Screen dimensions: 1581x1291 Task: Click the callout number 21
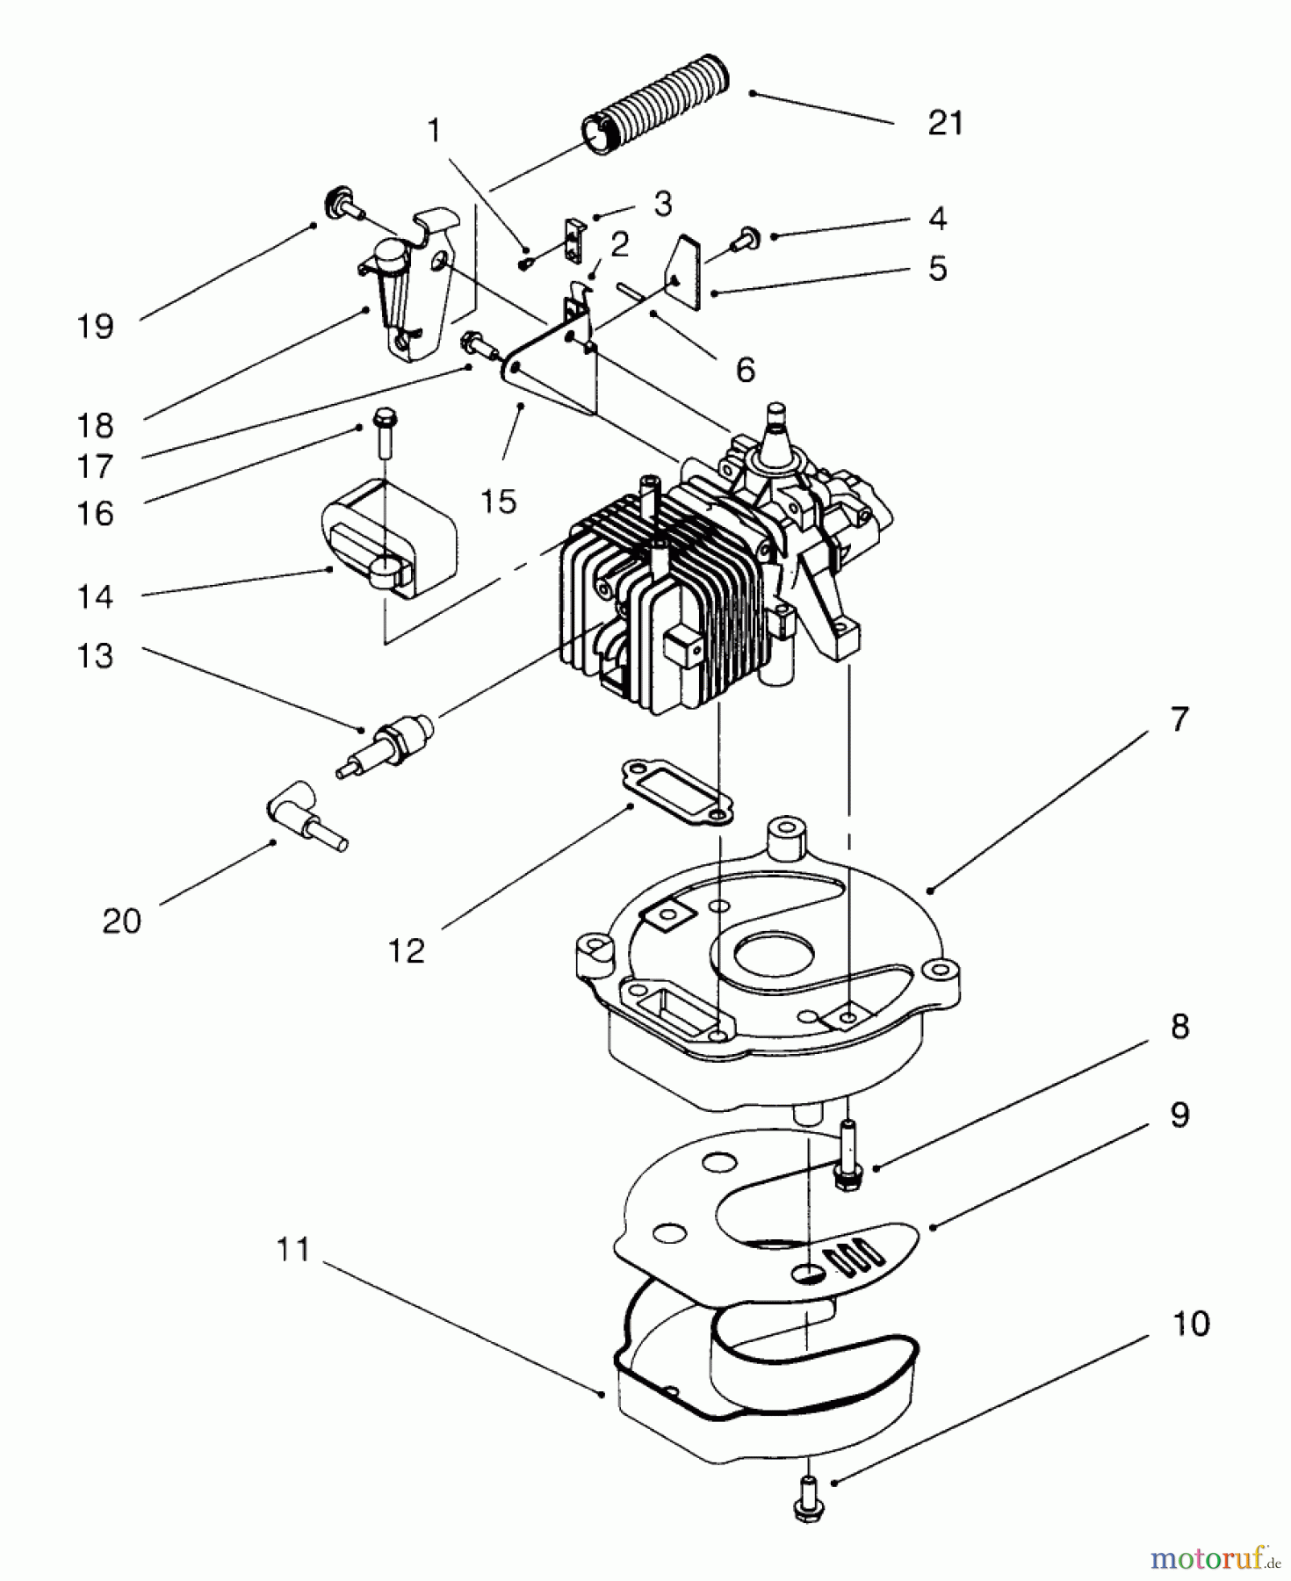click(945, 123)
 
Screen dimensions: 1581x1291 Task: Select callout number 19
click(95, 327)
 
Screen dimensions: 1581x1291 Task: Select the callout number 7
click(1179, 719)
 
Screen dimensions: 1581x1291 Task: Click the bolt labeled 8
click(847, 1151)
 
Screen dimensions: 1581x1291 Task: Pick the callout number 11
click(292, 1249)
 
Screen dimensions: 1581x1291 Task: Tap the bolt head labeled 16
click(385, 420)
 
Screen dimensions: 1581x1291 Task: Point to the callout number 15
click(498, 502)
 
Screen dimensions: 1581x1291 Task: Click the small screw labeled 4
click(747, 235)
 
